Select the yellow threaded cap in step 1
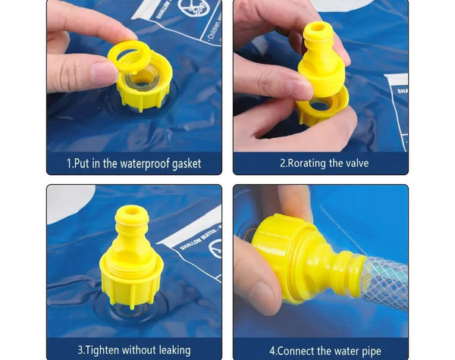tap(144, 87)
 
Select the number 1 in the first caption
tap(69, 164)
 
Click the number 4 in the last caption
tap(272, 349)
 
